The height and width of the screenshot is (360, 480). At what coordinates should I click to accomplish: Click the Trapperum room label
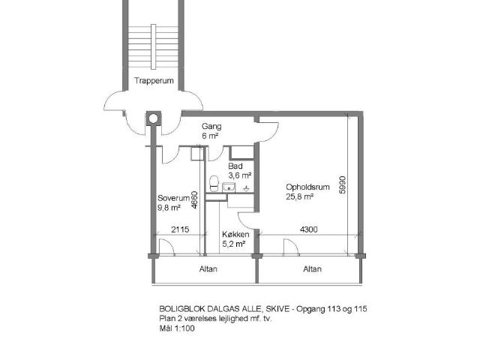[154, 81]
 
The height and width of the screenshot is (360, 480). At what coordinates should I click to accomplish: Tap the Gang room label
[211, 126]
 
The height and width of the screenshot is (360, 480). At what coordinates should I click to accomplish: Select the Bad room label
[235, 166]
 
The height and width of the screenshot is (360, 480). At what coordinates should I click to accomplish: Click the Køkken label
[235, 235]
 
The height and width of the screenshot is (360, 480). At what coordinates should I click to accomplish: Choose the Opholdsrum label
[307, 187]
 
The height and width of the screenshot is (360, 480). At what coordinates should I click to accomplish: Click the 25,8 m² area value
[300, 196]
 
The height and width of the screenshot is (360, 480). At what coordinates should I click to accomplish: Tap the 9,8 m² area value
[169, 208]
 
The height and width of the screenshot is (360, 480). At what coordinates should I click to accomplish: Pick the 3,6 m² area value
[240, 175]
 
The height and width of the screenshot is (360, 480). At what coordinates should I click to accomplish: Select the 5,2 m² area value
[233, 244]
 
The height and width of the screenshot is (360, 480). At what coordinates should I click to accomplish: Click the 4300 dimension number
[308, 229]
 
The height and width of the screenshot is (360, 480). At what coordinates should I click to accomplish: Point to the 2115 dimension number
[180, 229]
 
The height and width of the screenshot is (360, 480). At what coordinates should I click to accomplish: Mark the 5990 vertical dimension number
[342, 185]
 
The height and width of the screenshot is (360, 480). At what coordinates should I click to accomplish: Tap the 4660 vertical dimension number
[194, 200]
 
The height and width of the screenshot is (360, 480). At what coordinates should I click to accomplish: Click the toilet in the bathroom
[214, 183]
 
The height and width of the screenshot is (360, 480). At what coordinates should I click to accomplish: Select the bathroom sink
[229, 187]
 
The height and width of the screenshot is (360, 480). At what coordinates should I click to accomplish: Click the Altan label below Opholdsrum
[312, 269]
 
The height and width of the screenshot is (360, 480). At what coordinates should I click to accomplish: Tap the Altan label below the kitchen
[208, 269]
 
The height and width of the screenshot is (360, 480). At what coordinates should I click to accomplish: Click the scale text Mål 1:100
[177, 328]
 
